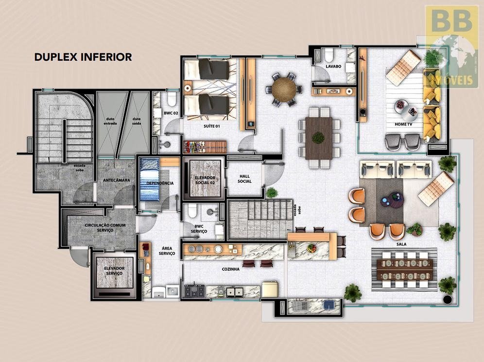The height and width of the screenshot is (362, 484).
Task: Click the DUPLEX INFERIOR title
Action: (83, 57)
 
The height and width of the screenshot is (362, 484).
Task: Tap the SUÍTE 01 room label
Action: (212, 126)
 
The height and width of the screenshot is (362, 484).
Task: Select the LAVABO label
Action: (333, 67)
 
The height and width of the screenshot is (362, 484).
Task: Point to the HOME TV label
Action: (404, 124)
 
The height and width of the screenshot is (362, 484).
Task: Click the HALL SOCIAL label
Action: (244, 179)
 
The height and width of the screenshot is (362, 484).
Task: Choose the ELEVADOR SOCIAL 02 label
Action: (205, 180)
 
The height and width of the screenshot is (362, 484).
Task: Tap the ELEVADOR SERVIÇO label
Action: (114, 271)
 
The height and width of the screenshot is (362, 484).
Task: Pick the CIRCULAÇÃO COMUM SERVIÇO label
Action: (105, 228)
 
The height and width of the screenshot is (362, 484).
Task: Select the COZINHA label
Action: (230, 269)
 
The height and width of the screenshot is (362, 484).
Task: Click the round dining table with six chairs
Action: (284, 89)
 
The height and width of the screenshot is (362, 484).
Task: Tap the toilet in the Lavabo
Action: (328, 55)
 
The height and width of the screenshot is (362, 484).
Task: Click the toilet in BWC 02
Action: (172, 98)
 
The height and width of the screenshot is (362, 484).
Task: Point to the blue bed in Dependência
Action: (149, 179)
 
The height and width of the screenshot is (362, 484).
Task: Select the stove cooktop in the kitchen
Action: (194, 291)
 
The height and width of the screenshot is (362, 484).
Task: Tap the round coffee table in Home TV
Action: (400, 105)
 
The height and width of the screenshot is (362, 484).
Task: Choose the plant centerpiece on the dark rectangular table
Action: (318, 138)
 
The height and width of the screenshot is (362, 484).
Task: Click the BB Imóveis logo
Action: (451, 46)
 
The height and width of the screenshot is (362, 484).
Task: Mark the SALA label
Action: (401, 244)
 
